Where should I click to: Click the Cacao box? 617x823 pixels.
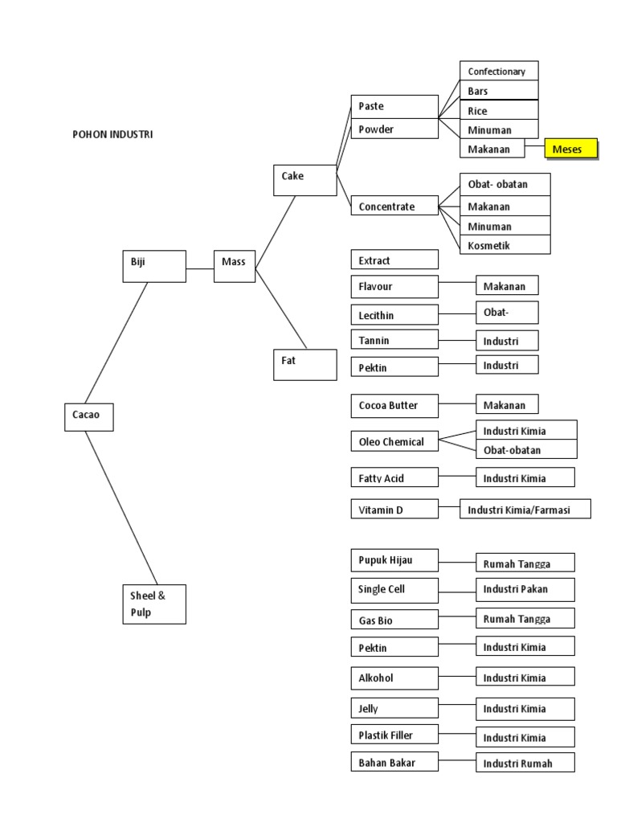(88, 416)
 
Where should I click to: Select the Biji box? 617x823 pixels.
(154, 266)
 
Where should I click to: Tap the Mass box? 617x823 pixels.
(235, 266)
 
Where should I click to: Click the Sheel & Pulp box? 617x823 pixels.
(154, 604)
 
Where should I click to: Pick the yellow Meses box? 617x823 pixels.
(571, 149)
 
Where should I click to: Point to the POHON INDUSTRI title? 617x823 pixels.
(112, 134)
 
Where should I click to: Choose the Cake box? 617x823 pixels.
(304, 179)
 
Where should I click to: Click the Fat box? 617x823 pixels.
(304, 364)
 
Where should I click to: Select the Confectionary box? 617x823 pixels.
(499, 71)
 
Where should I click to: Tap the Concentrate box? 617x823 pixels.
(394, 207)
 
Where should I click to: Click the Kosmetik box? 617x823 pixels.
(505, 245)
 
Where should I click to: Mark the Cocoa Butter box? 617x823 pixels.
(394, 406)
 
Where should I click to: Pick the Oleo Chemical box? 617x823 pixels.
(394, 441)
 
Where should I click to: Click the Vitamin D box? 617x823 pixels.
(394, 509)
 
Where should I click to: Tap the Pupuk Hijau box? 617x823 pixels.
(394, 559)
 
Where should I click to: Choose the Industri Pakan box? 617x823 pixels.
(525, 589)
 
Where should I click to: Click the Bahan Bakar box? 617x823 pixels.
(394, 762)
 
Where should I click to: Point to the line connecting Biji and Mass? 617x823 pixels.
(200, 269)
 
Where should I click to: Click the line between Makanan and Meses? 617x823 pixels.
(535, 149)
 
